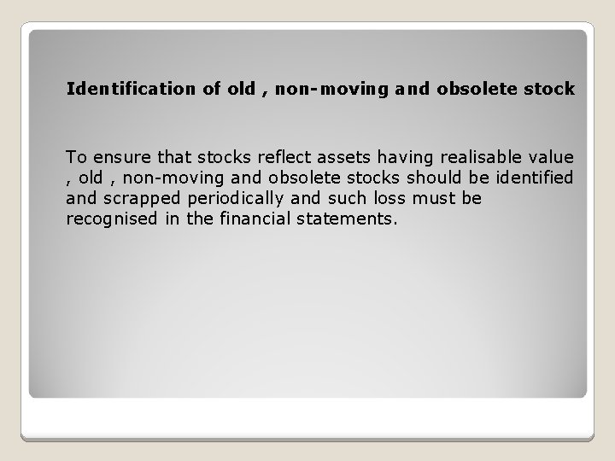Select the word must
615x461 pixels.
tap(436, 198)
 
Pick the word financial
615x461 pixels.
tap(246, 219)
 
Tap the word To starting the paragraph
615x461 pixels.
tap(76, 157)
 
